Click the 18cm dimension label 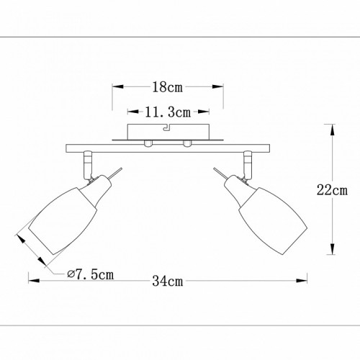point(168,87)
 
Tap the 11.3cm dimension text point(168,112)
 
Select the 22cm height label point(332,190)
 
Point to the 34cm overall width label point(168,281)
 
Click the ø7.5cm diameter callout point(90,274)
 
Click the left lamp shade point(63,220)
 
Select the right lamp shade point(273,220)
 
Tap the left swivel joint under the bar point(87,165)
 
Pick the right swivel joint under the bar point(248,165)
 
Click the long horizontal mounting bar point(168,148)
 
